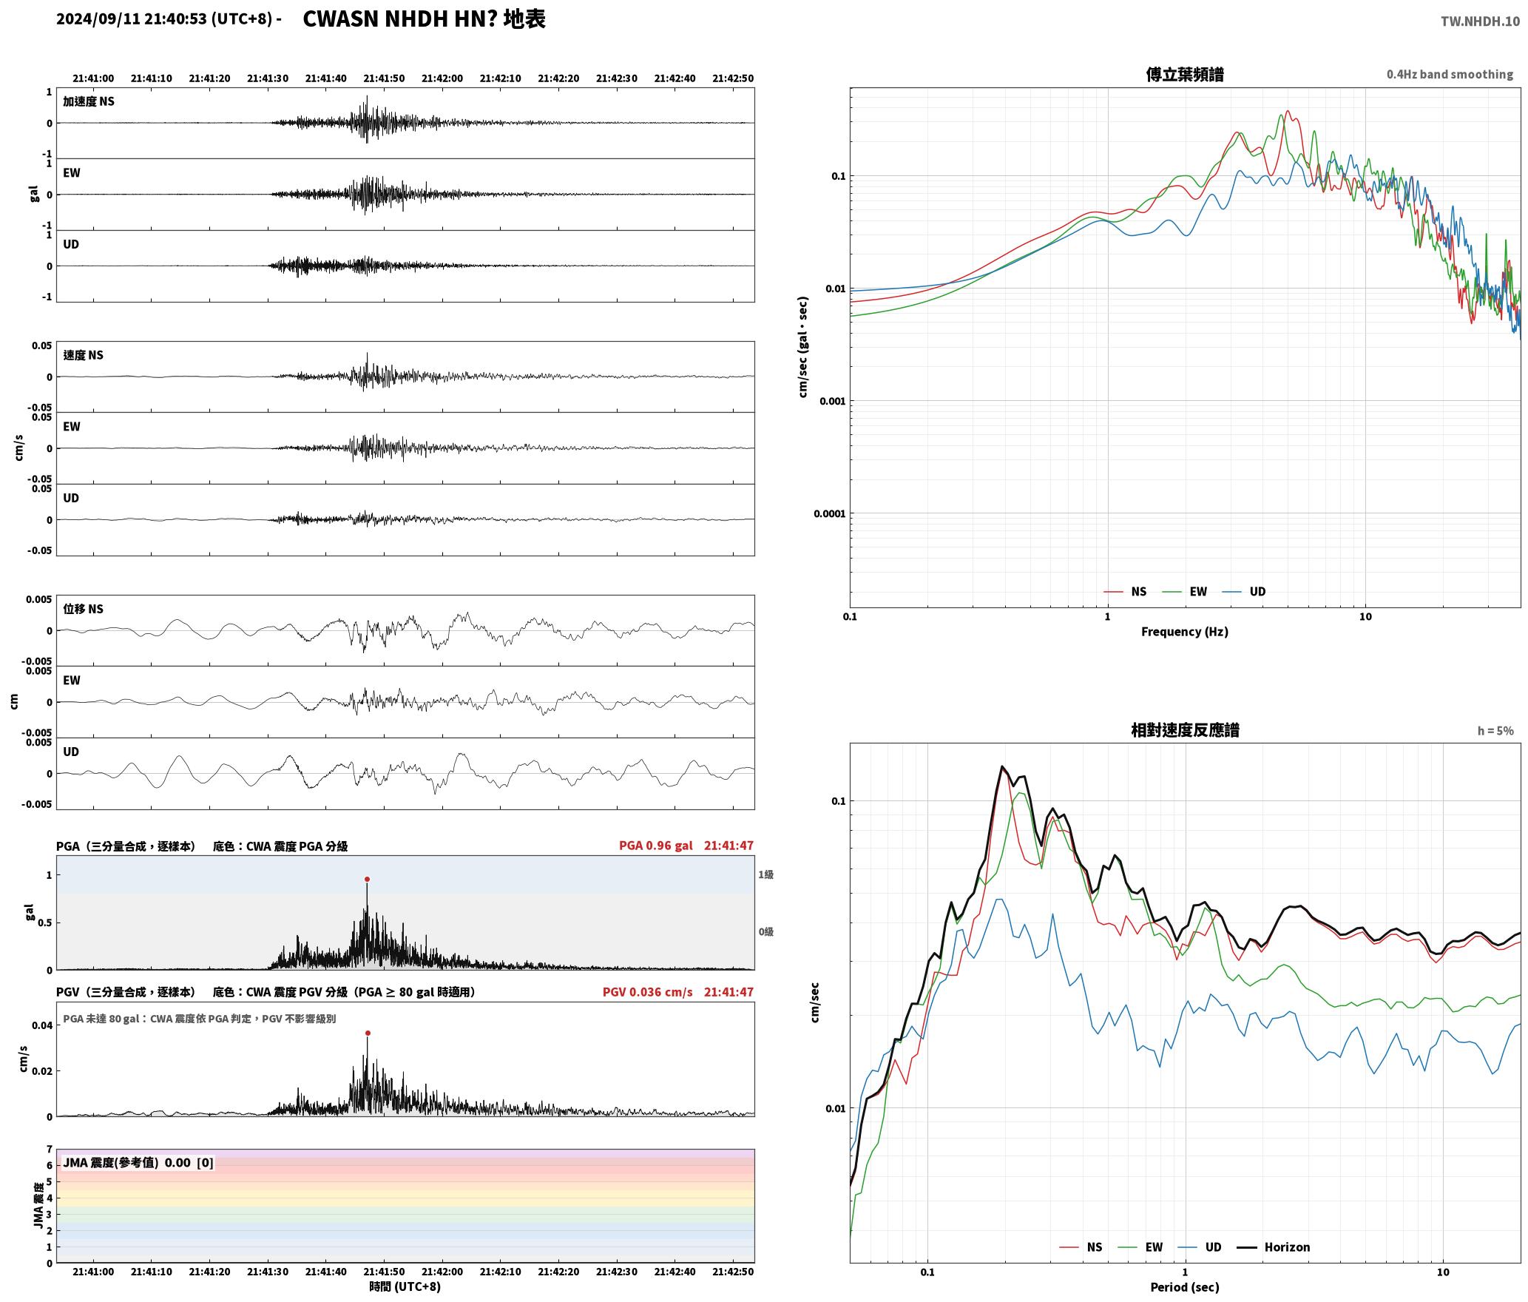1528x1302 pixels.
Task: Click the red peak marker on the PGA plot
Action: [x=367, y=880]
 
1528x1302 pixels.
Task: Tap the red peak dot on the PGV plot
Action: [x=368, y=1033]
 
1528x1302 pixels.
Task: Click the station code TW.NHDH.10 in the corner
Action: [x=1480, y=21]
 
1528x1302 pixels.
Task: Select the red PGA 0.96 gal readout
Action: [x=656, y=846]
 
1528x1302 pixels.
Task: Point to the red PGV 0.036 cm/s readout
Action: [x=648, y=992]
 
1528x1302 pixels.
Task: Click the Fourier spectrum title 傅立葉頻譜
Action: [x=1185, y=74]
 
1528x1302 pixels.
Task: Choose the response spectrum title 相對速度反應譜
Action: [x=1185, y=730]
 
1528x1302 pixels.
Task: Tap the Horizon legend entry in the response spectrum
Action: [x=1274, y=1247]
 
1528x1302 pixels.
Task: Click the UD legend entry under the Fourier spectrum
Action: [x=1244, y=592]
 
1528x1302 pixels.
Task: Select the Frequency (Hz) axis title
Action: [x=1185, y=632]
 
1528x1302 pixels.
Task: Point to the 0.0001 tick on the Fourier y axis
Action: [x=829, y=513]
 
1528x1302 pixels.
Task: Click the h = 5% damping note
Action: [x=1495, y=731]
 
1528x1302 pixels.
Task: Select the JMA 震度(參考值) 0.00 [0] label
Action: [x=138, y=1163]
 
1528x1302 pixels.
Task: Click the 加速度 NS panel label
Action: [x=89, y=101]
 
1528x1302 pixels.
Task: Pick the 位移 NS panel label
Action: [x=84, y=609]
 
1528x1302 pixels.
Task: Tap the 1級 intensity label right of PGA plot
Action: [x=765, y=874]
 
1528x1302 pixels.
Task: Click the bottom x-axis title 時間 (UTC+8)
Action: [x=405, y=1286]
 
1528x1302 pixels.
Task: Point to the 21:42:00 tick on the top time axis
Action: [x=442, y=78]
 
